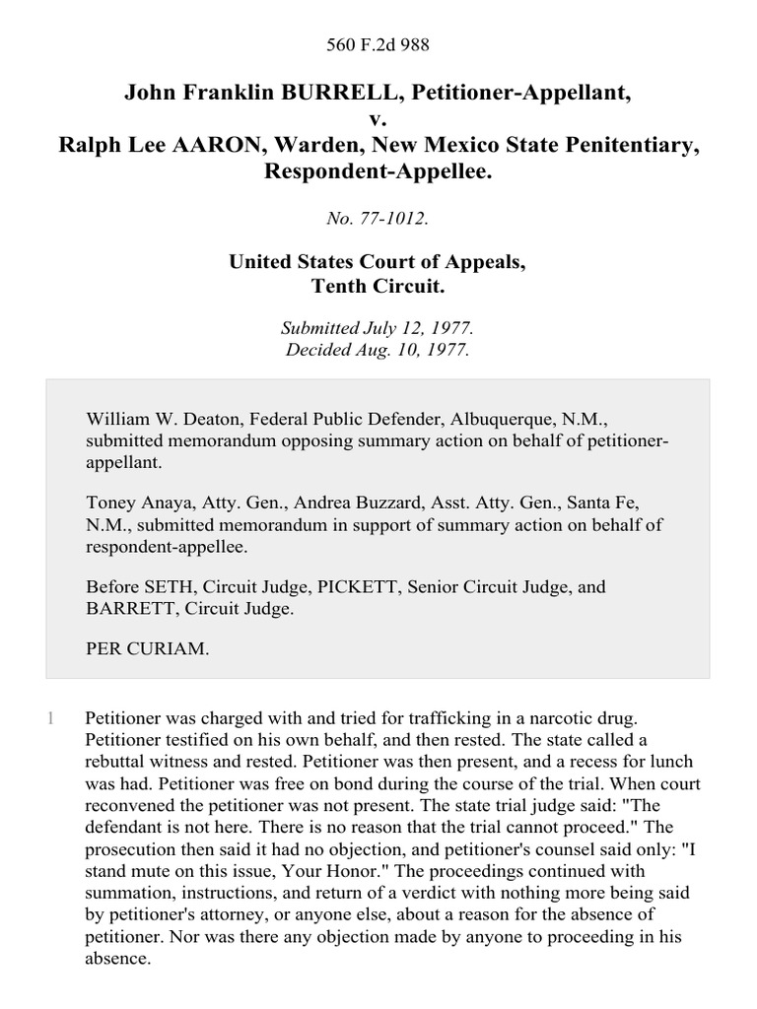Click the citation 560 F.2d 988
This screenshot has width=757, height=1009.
[x=378, y=44]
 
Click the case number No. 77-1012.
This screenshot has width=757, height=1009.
[x=378, y=219]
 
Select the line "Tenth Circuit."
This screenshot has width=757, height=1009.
[x=378, y=285]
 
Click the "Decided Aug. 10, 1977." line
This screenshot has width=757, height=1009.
[x=378, y=349]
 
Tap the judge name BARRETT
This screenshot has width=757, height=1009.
[x=126, y=609]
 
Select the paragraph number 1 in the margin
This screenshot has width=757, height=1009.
[x=50, y=719]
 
